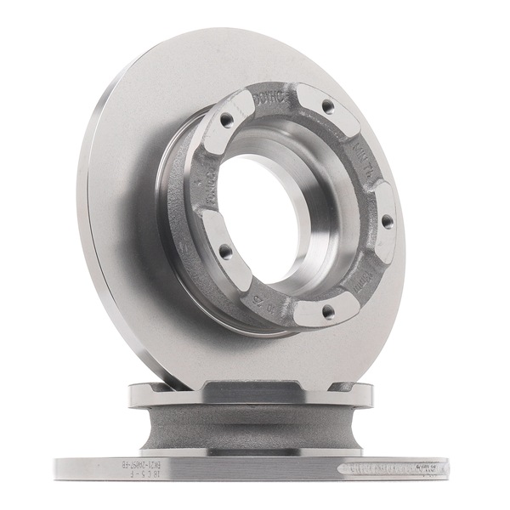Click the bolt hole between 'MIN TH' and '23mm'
point(387,221)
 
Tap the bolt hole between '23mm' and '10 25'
point(327,312)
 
